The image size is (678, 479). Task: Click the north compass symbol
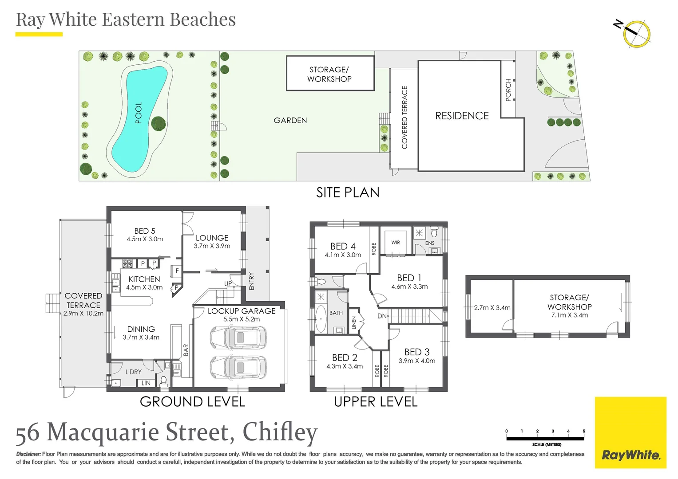636,33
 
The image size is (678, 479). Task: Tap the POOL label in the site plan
139,113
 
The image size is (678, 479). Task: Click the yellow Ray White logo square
630,432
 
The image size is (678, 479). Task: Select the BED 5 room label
145,231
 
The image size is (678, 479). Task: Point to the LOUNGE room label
212,238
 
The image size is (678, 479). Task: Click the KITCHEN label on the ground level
144,279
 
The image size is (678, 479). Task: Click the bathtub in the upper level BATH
321,318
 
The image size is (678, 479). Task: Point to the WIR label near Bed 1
396,243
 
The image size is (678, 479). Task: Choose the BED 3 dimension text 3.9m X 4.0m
417,361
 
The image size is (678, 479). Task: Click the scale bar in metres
545,438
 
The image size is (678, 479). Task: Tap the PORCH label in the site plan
508,90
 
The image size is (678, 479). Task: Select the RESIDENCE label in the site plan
462,116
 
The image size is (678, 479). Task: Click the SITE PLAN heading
348,192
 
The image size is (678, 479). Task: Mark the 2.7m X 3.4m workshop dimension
492,308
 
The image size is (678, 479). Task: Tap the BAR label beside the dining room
186,350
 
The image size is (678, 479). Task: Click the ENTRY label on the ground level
252,281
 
